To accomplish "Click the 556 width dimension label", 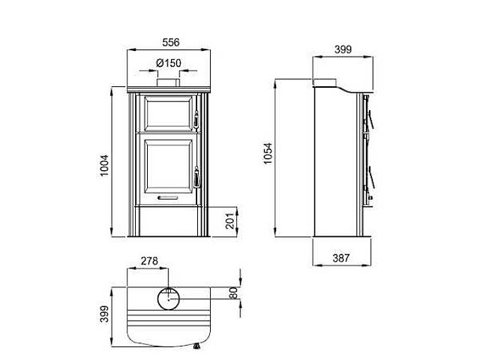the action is pos(171,42).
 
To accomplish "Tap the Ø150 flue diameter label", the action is pos(169,63).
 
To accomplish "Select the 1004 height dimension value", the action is pos(104,165).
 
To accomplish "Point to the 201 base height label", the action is pos(229,220).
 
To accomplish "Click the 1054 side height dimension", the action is pos(268,154).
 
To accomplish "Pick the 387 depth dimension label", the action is pos(341,258).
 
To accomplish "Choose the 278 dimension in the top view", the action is pos(149,261).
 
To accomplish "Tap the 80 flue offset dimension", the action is pos(233,293).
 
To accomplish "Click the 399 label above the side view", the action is pos(343,49).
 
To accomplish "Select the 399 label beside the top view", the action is pos(104,313).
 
